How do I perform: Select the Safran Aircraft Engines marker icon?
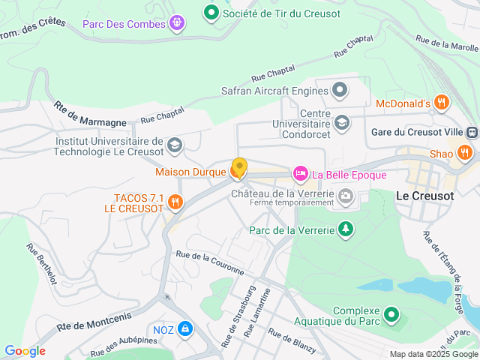pos(340,91)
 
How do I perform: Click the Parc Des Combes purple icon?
pos(176,24)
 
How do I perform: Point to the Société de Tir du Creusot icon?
pos(211,13)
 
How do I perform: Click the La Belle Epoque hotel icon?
pos(300,175)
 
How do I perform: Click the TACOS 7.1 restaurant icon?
pos(175,202)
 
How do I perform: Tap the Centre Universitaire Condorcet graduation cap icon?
pos(342,121)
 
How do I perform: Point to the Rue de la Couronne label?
pos(210,262)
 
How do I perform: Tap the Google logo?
pos(25,350)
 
